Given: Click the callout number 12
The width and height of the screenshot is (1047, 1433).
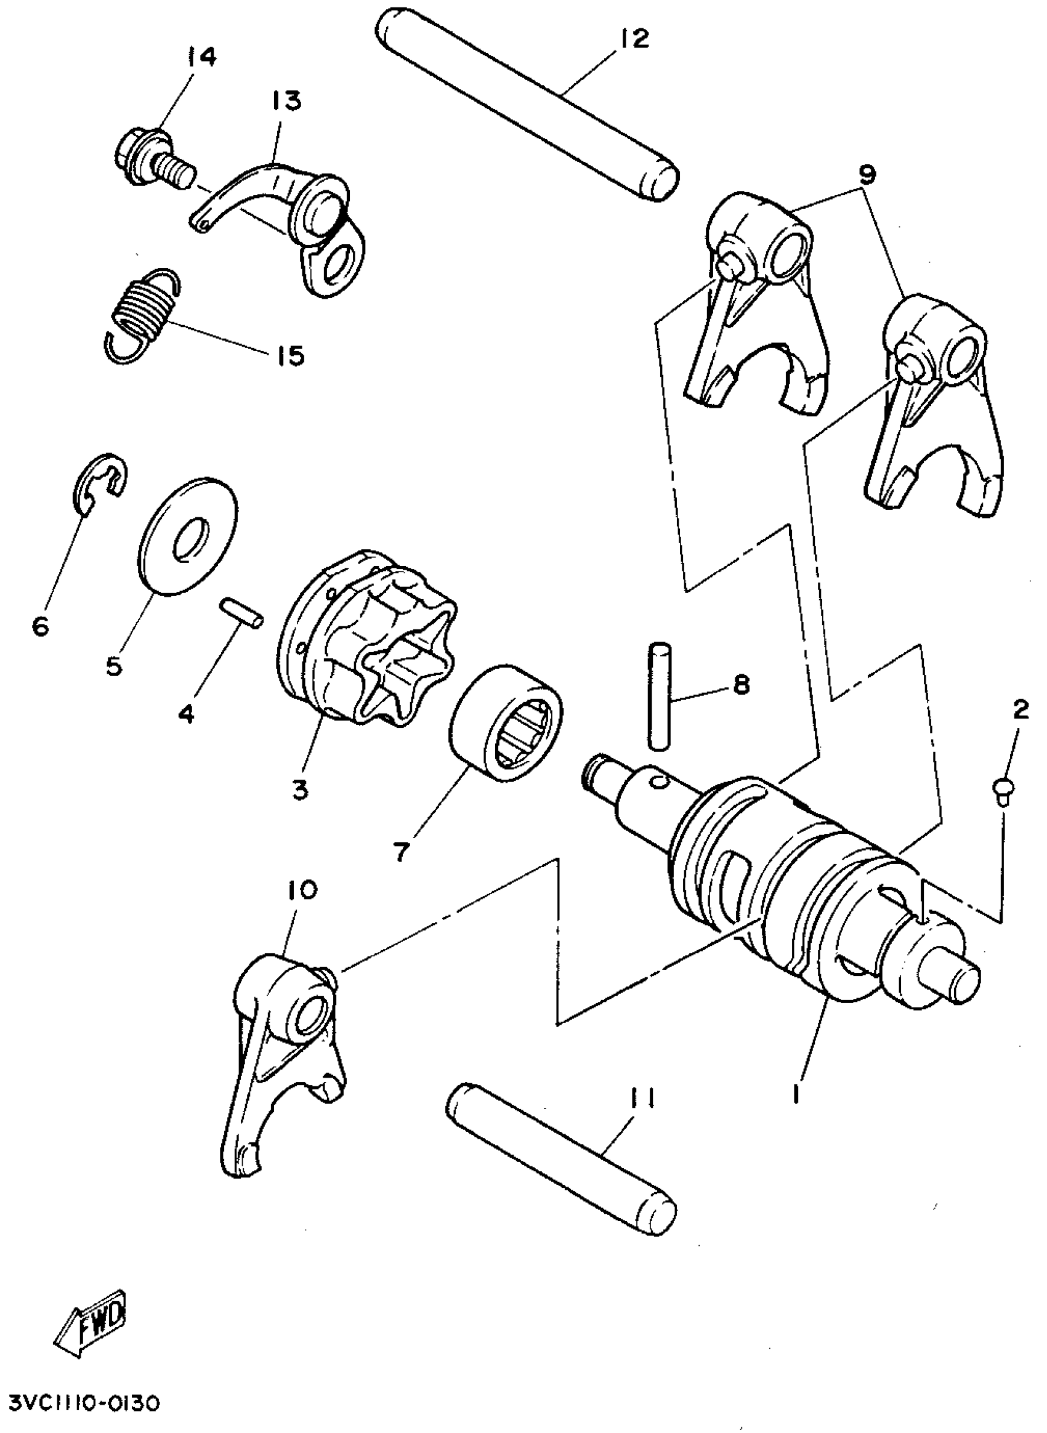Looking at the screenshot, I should [x=634, y=39].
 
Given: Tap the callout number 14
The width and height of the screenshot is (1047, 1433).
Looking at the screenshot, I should [x=201, y=57].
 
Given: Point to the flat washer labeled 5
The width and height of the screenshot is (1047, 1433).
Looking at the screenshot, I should [x=188, y=536].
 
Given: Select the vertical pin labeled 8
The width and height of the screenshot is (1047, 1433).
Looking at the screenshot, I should [x=658, y=696].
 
